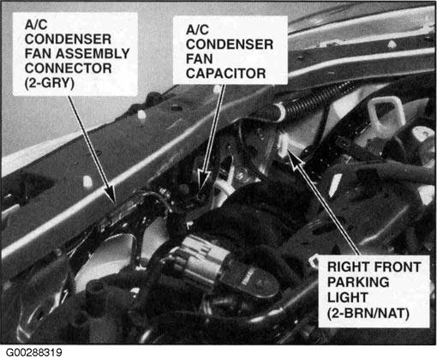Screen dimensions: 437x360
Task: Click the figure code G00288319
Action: point(33,352)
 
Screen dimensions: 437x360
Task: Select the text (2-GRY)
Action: point(50,83)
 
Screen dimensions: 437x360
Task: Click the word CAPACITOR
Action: point(225,74)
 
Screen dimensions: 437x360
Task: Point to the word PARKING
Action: point(358,282)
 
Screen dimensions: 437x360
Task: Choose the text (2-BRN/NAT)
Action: point(368,313)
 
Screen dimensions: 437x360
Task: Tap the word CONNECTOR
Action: point(68,69)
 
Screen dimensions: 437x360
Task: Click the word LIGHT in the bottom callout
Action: point(347,297)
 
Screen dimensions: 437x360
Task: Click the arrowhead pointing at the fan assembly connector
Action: point(111,195)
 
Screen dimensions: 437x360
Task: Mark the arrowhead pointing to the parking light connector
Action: point(294,159)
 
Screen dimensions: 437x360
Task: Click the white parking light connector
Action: point(284,145)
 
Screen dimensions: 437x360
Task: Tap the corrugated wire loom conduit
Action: point(310,102)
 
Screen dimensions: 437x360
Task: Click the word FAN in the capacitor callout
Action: point(199,59)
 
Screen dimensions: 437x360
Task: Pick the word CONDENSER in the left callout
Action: point(68,39)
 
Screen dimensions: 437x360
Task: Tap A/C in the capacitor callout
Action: point(197,30)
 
